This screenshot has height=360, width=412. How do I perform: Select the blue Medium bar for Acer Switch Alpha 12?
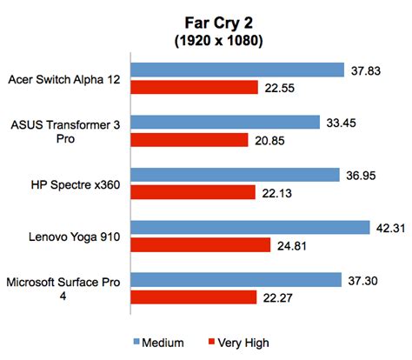[x=239, y=70]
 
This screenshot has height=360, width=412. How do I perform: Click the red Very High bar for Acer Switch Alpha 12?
[x=195, y=87]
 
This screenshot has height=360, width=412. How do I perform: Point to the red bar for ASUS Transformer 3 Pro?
[x=190, y=139]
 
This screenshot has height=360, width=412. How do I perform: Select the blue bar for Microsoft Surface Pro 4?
[x=237, y=280]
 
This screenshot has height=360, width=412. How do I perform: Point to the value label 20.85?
[x=274, y=139]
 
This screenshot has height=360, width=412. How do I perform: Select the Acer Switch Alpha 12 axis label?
[x=65, y=78]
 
